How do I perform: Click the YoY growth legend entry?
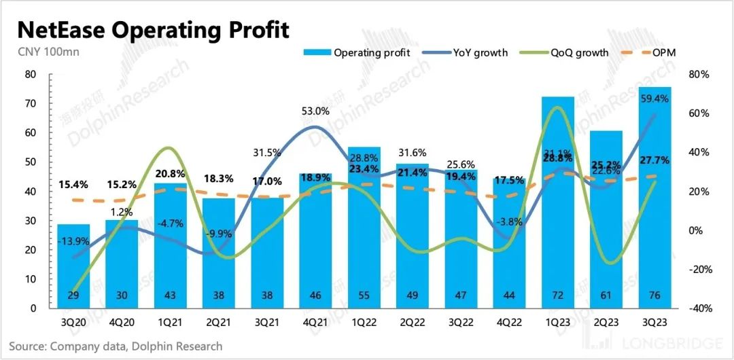click(466, 52)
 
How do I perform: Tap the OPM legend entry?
click(655, 52)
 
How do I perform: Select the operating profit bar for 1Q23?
click(558, 204)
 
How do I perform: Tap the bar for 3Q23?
click(655, 197)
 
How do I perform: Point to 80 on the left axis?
click(31, 74)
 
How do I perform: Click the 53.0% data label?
click(315, 111)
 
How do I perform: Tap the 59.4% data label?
click(654, 98)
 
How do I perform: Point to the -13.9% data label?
click(73, 242)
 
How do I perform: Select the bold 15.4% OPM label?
click(74, 185)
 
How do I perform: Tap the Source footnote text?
click(116, 346)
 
